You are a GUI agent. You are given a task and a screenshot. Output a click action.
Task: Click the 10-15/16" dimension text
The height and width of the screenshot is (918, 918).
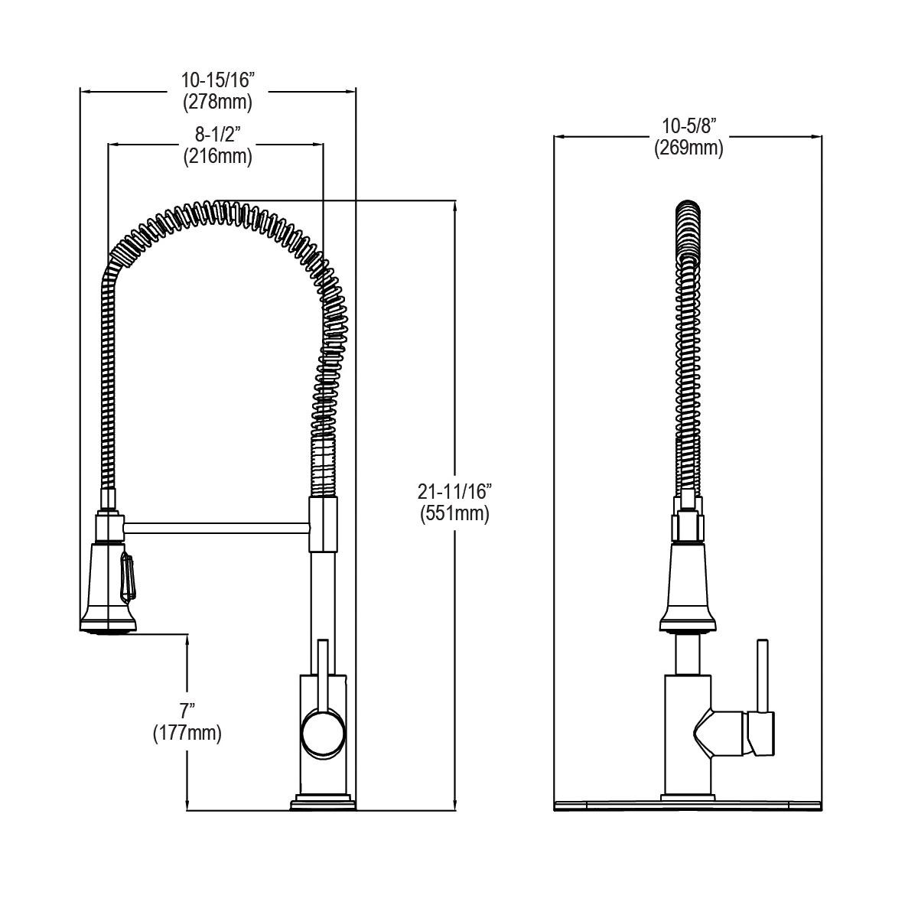pyautogui.click(x=216, y=80)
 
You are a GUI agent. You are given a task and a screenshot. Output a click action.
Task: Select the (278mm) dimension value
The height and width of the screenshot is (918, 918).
pyautogui.click(x=216, y=101)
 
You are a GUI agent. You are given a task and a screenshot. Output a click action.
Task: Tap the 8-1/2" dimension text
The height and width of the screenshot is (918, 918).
pyautogui.click(x=217, y=135)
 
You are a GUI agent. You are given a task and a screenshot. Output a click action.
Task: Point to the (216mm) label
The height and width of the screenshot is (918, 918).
pyautogui.click(x=217, y=156)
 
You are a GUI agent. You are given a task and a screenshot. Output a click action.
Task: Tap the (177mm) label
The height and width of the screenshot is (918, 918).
pyautogui.click(x=187, y=734)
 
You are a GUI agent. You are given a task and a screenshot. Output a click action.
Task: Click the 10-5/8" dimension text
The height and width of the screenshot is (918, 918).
pyautogui.click(x=688, y=125)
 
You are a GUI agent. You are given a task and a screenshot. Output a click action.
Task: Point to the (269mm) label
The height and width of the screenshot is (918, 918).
pyautogui.click(x=688, y=148)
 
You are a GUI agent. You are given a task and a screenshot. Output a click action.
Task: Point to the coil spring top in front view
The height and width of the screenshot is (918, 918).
pyautogui.click(x=688, y=210)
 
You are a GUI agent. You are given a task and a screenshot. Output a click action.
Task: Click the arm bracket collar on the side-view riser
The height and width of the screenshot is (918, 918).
pyautogui.click(x=323, y=524)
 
